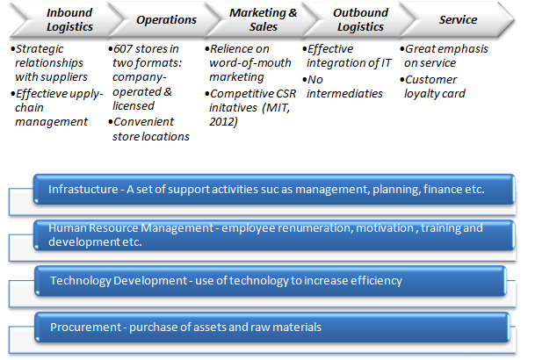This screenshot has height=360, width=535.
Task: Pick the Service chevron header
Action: coord(457,19)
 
